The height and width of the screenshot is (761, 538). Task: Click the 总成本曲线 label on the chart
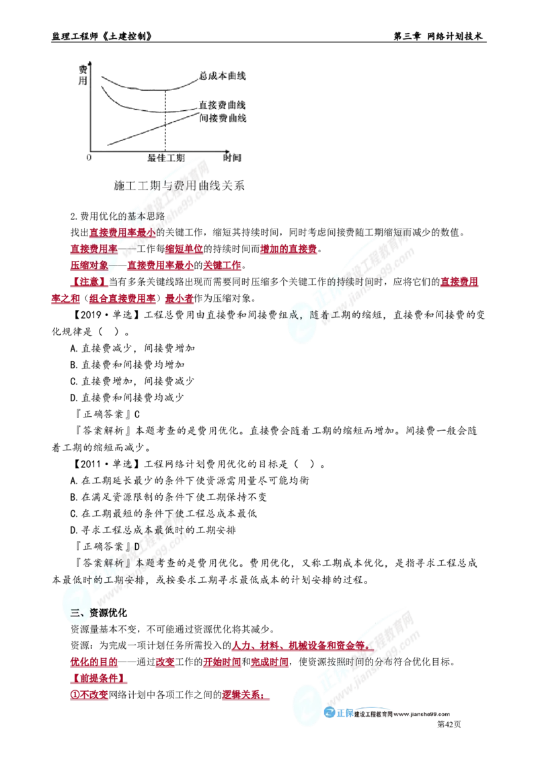223,76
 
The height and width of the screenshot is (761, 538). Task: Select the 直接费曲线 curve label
223,106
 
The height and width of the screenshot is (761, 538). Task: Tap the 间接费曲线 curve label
223,118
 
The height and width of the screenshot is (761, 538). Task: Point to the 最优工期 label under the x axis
164,157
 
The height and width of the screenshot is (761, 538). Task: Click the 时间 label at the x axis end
230,157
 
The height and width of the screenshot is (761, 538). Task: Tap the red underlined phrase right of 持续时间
460,281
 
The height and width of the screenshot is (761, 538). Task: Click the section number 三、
77,612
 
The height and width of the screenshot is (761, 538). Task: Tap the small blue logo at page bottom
338,715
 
